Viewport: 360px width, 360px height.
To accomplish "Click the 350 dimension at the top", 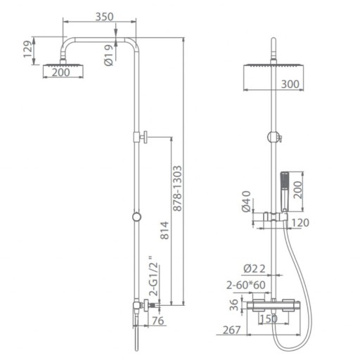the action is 104,17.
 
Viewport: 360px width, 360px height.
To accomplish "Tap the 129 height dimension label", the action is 28,49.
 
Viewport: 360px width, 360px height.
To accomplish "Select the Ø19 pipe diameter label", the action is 108,56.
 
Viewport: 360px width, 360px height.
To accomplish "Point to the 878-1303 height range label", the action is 177,188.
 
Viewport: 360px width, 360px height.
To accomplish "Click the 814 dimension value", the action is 165,231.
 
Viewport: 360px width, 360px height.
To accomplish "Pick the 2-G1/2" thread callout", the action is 154,276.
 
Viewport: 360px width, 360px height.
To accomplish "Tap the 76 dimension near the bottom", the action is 158,321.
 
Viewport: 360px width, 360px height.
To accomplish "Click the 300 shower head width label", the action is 290,84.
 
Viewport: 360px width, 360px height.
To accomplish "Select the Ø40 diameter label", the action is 246,201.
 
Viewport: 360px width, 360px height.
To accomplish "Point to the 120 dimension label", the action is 300,222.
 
